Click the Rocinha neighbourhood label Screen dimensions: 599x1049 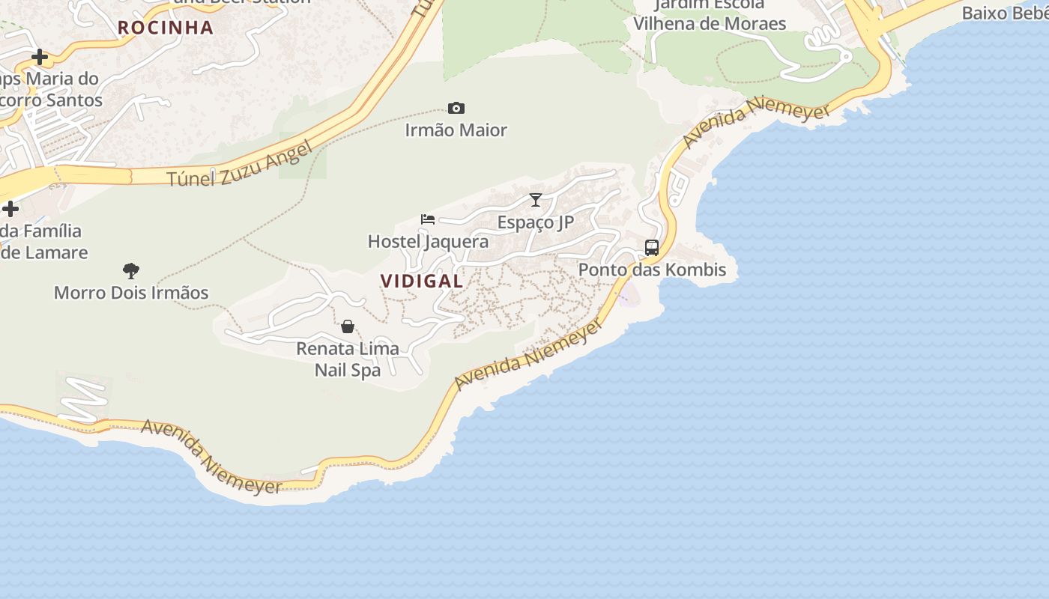click(x=165, y=28)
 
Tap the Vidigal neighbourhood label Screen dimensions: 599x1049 click(x=422, y=282)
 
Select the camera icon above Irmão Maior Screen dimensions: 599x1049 click(x=456, y=109)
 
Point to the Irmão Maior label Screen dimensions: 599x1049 click(x=456, y=130)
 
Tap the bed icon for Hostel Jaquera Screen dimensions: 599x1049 click(x=428, y=219)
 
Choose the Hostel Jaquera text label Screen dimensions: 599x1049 click(x=428, y=241)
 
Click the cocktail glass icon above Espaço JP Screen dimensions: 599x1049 click(x=536, y=200)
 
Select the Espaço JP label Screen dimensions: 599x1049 click(x=536, y=222)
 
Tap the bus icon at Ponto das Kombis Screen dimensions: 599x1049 click(x=652, y=248)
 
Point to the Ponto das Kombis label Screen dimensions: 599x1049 click(x=652, y=270)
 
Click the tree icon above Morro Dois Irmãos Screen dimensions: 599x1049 click(x=131, y=270)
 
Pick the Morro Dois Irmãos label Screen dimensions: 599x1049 click(x=131, y=293)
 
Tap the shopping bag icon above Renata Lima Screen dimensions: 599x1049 click(x=348, y=326)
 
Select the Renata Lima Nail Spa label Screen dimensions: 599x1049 click(x=348, y=359)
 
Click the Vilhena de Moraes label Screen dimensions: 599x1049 click(x=710, y=23)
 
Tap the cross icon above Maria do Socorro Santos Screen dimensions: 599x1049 click(x=40, y=57)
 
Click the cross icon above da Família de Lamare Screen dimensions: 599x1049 click(x=10, y=209)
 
